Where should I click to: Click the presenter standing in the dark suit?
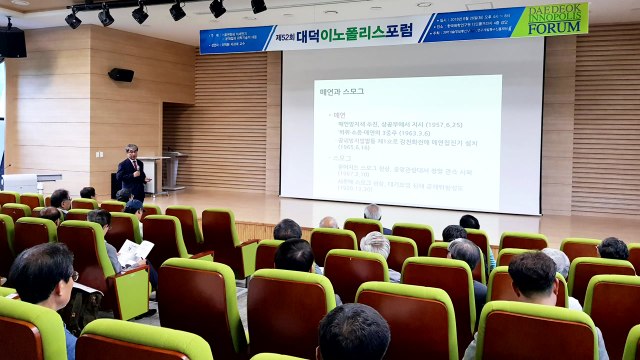[132, 172]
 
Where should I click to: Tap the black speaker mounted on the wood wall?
[121, 75]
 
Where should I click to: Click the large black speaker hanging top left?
[12, 41]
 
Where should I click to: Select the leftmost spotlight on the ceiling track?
[73, 19]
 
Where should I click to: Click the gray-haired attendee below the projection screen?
[376, 244]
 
